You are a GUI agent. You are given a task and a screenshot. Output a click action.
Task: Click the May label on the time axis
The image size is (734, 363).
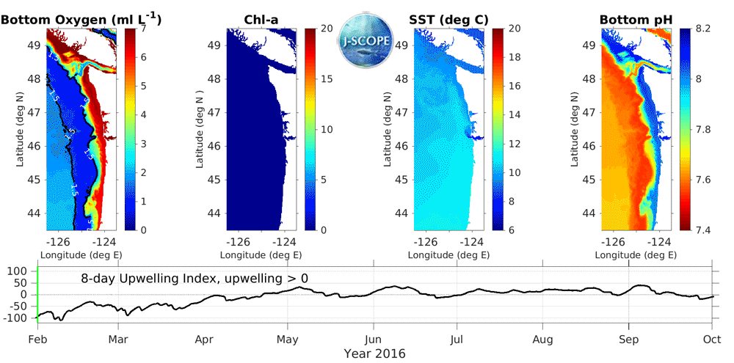(x=287, y=340)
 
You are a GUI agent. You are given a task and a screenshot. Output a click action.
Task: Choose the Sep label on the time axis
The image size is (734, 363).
(x=629, y=340)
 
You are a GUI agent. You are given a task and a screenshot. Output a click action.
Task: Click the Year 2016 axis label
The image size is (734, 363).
(x=374, y=353)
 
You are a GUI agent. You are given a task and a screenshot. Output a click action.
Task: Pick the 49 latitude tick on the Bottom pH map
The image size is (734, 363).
(x=589, y=45)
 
